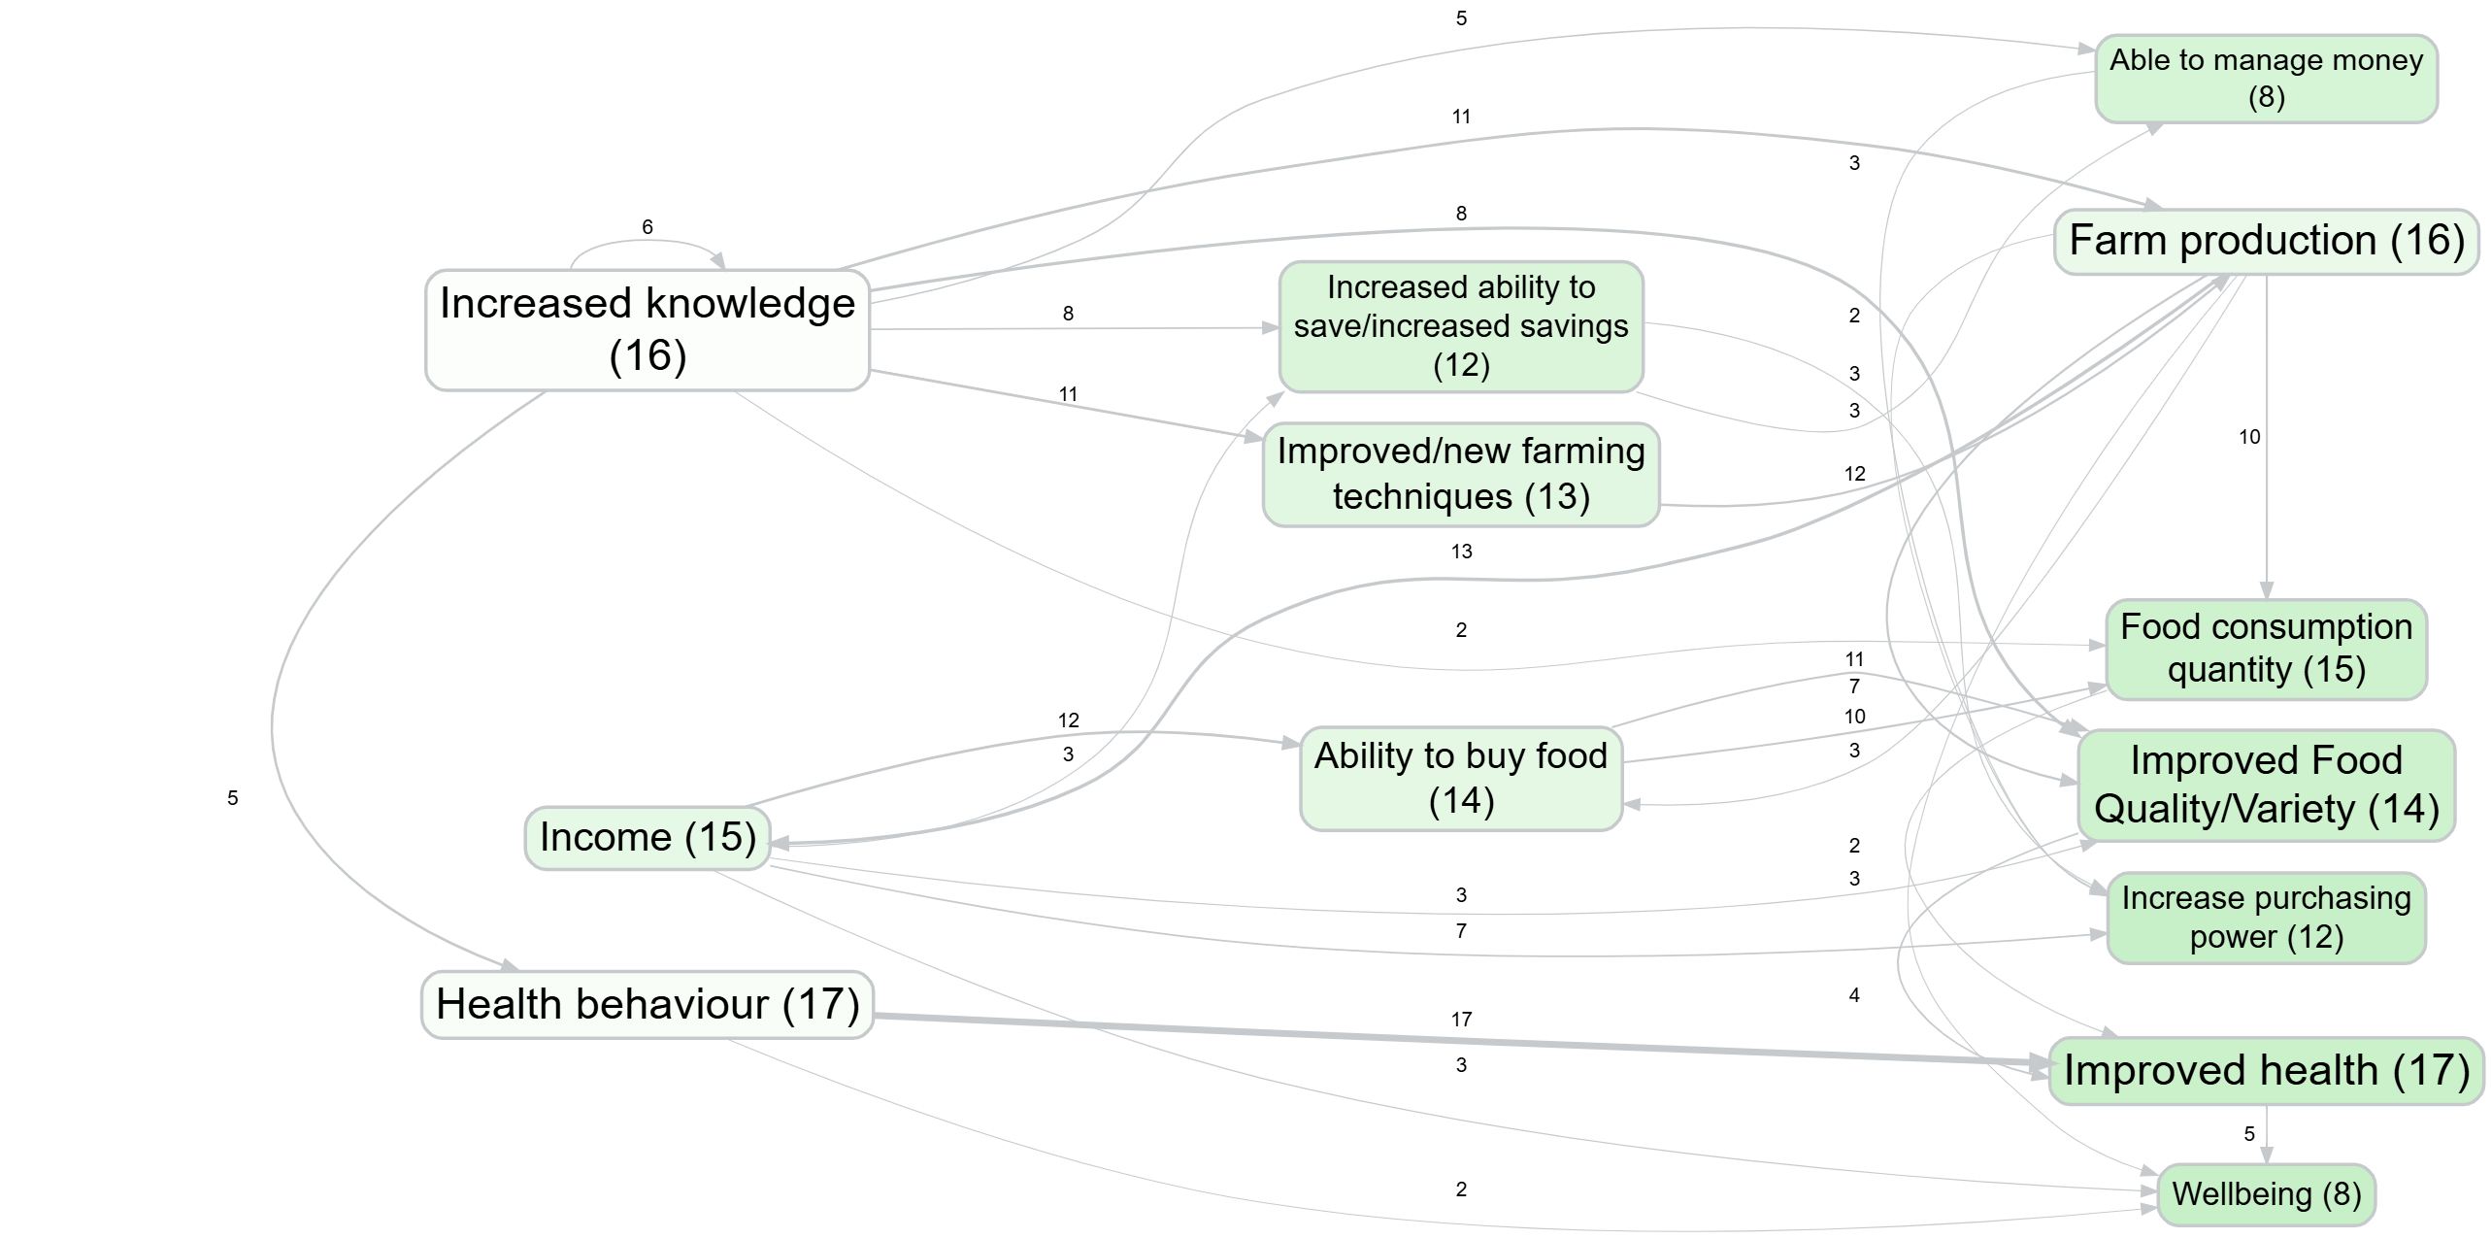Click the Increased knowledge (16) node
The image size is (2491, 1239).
(x=647, y=330)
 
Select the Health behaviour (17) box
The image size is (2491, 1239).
(x=647, y=1004)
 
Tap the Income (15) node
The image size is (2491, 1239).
(x=647, y=837)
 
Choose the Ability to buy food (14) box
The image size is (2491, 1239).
(x=1460, y=778)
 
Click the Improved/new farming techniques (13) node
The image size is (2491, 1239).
(x=1460, y=474)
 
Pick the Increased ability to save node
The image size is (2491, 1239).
(x=1460, y=326)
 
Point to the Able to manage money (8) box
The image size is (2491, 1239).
(x=2266, y=79)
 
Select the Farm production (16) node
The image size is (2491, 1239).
(x=2266, y=241)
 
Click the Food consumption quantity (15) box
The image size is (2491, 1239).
(x=2266, y=649)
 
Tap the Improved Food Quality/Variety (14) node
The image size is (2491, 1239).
(x=2266, y=785)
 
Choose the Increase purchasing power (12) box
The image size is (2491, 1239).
(x=2266, y=918)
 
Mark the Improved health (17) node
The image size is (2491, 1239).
(x=2266, y=1070)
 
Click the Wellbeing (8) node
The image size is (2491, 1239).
(x=2266, y=1193)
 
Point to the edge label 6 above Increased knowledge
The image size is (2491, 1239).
(x=648, y=227)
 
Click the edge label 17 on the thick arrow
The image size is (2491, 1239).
(x=1461, y=1020)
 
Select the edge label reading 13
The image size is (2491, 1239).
(x=1461, y=552)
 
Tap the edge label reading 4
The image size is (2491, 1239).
(x=1854, y=995)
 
